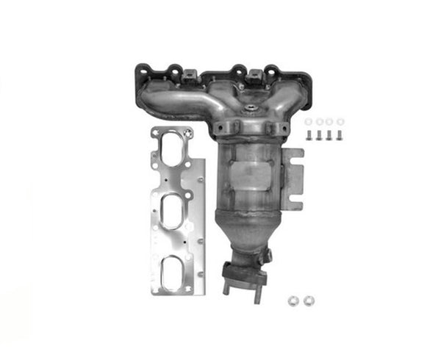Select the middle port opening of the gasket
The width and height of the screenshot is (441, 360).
click(x=173, y=213)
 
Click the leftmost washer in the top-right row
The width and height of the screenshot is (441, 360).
click(x=308, y=122)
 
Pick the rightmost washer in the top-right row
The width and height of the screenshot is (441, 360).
click(x=340, y=122)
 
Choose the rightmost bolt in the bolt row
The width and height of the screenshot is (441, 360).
click(x=340, y=136)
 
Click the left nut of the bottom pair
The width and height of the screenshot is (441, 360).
click(x=293, y=300)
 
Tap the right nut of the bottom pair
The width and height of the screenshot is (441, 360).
click(x=308, y=300)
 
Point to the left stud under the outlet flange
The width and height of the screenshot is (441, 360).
click(x=226, y=289)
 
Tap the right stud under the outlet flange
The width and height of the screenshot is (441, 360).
click(x=257, y=294)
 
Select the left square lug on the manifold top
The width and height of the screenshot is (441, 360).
click(x=189, y=75)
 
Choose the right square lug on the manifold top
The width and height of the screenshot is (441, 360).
click(x=254, y=74)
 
